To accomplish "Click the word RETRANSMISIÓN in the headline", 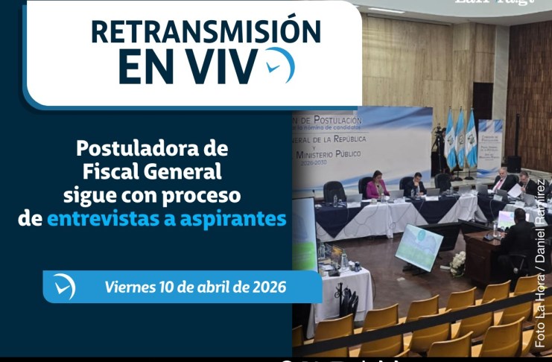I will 205,31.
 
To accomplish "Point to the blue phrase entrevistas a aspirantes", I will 166,219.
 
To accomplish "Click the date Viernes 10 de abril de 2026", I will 195,287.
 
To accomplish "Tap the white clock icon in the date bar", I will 64,287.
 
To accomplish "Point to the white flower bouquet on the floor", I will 457,262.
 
